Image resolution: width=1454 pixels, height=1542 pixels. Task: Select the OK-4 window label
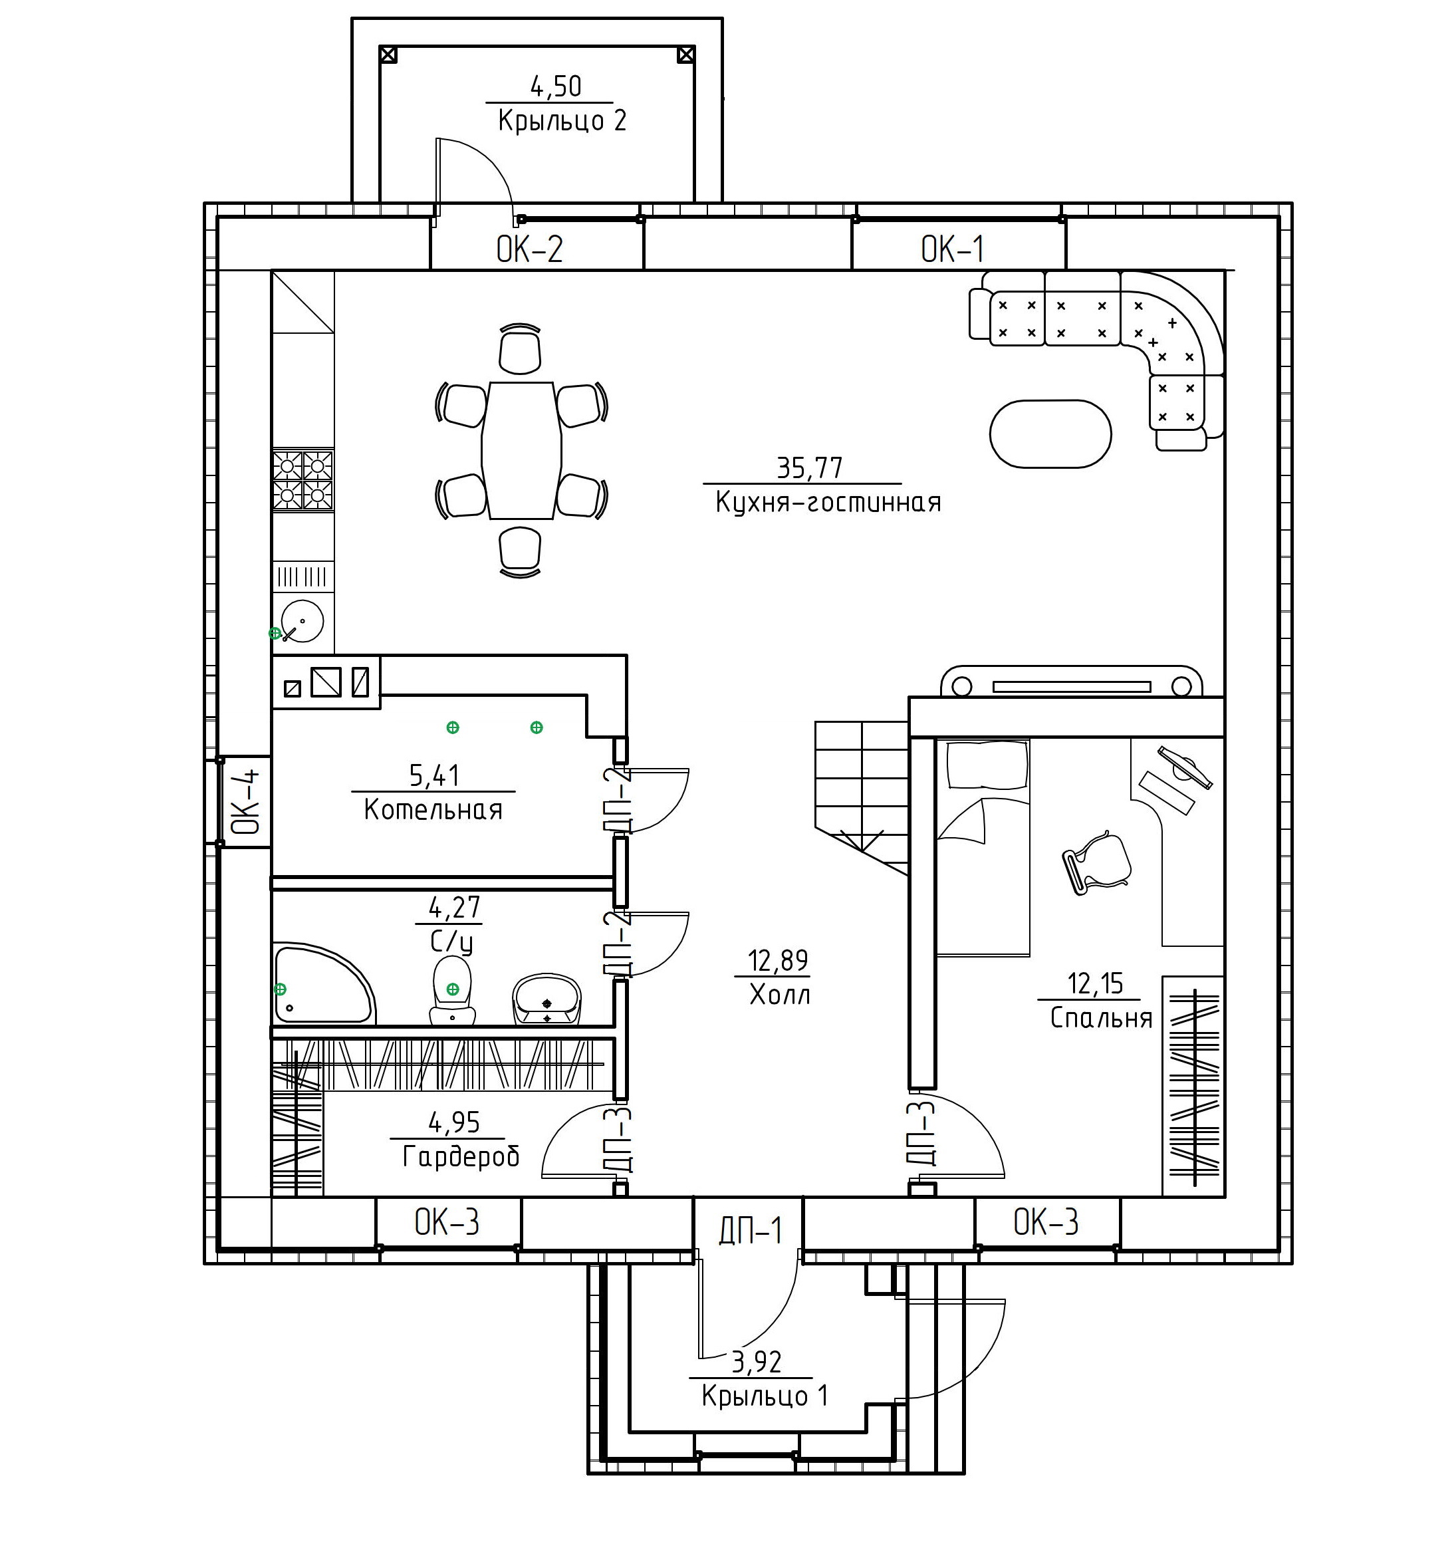click(245, 801)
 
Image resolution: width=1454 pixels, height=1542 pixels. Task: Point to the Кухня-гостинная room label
click(828, 502)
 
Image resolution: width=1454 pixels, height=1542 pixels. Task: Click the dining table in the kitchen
click(521, 450)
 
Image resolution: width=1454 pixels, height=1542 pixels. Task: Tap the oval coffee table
click(1050, 434)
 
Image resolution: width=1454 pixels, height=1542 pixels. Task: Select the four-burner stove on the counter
click(303, 480)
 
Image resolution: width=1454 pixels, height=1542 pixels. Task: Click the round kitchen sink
click(302, 620)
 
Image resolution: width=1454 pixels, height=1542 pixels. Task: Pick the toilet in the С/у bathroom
click(453, 991)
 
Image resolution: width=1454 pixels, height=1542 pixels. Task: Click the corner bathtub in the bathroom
click(324, 984)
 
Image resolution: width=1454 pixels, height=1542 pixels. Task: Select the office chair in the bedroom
click(1096, 862)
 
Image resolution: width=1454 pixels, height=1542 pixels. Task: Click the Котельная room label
click(433, 810)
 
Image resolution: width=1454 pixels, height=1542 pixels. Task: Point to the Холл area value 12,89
click(778, 960)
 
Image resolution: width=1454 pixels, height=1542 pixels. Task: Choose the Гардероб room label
click(461, 1156)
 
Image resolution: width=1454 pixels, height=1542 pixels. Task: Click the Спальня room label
click(1101, 1017)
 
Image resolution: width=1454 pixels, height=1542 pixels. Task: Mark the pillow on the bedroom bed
click(988, 765)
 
